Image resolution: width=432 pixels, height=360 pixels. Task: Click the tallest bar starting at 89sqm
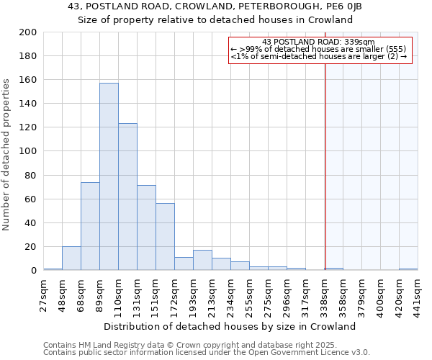pos(109,176)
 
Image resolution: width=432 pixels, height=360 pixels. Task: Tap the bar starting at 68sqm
pos(90,226)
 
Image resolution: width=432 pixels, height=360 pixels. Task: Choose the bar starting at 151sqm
pos(165,237)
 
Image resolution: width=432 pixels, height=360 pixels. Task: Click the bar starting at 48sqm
pos(71,258)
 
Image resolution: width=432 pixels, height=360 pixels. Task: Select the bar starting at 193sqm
pos(202,260)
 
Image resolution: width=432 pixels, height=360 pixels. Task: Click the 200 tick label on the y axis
pos(28,32)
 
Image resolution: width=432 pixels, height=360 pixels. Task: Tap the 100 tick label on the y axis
pos(28,151)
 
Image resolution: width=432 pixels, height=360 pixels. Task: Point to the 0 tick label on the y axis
pos(33,271)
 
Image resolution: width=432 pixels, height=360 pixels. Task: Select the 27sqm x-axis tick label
pos(44,294)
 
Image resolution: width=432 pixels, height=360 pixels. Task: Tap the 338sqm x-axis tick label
pos(325,294)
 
